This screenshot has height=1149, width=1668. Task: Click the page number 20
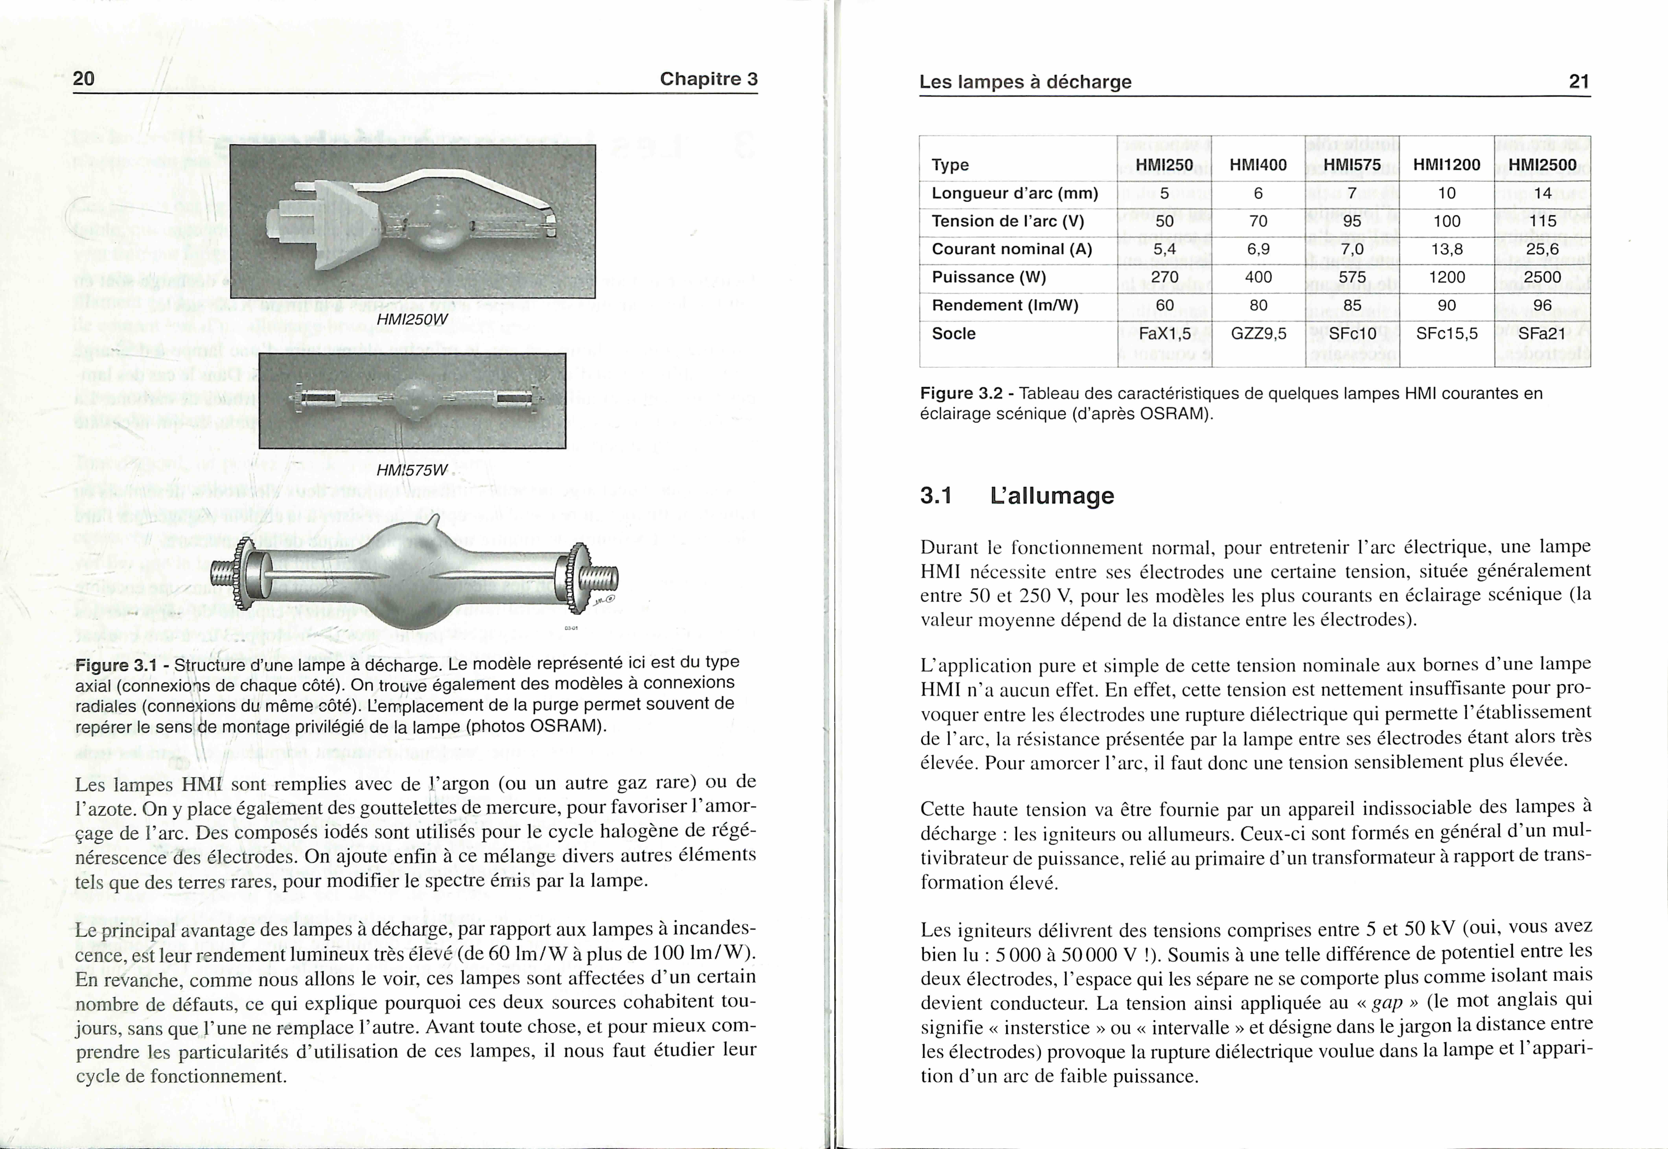(x=84, y=78)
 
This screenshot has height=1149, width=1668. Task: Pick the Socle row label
(x=954, y=333)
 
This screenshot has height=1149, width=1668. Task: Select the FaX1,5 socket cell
(x=1164, y=333)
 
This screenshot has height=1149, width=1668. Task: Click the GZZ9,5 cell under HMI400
(x=1258, y=333)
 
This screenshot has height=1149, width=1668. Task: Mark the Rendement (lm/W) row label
(x=1005, y=305)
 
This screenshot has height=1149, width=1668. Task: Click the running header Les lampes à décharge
(x=1025, y=82)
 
